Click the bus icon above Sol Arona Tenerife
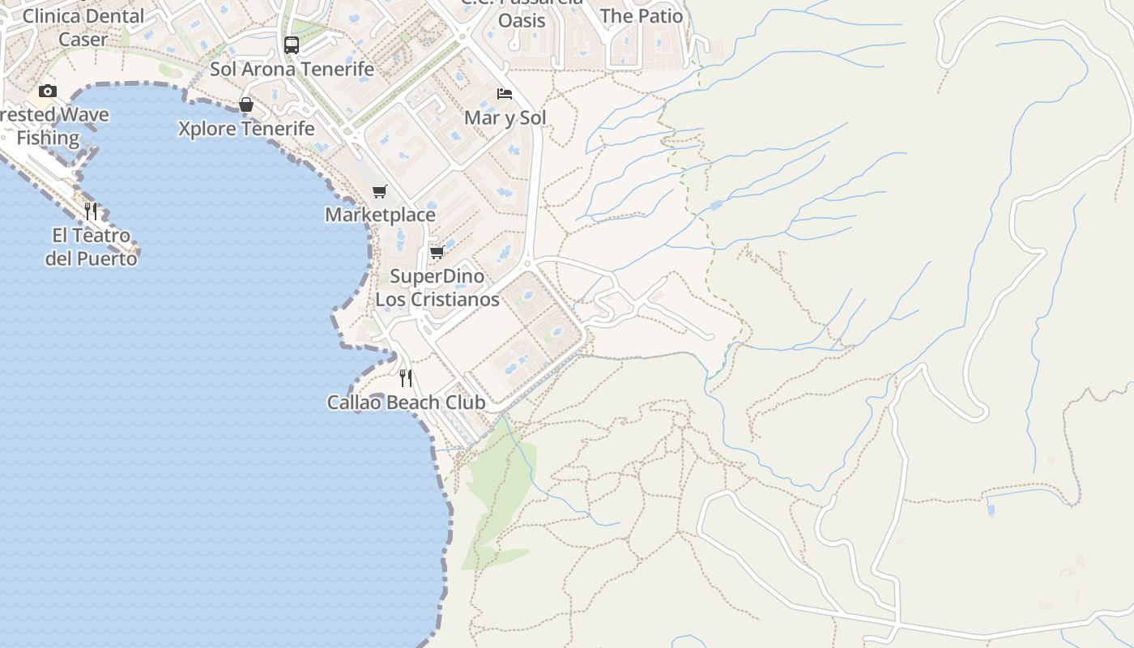[292, 45]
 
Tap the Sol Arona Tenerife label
[292, 69]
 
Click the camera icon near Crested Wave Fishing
[48, 91]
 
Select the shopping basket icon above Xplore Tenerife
[246, 105]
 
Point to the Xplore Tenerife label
[246, 129]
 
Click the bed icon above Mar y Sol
[505, 94]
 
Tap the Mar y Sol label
[505, 118]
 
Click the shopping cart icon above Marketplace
[379, 192]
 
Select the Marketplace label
[380, 215]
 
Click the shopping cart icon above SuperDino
[437, 253]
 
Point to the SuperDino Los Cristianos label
[437, 288]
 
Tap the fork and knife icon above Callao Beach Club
[406, 378]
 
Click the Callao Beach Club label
[406, 403]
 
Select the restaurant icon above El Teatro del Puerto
[91, 211]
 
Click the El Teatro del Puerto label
[91, 247]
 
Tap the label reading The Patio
[642, 15]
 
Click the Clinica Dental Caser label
[83, 27]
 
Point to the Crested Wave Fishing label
[50, 126]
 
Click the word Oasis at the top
[522, 20]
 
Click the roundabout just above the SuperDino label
[527, 262]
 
